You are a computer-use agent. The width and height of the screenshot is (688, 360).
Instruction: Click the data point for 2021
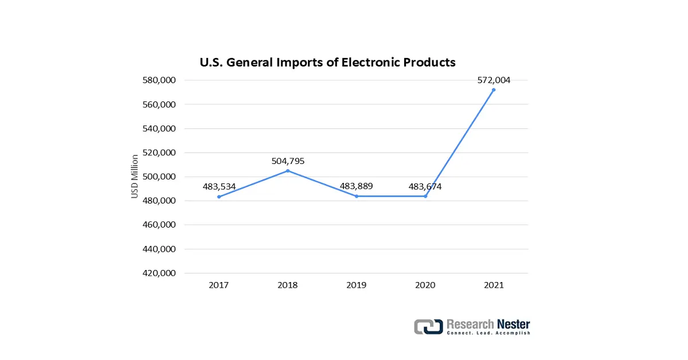tap(494, 90)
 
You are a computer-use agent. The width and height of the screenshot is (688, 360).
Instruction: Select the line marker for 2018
tap(288, 171)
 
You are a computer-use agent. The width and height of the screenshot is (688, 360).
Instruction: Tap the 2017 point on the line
tap(219, 197)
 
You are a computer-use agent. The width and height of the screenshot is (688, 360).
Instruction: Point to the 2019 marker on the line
tap(357, 196)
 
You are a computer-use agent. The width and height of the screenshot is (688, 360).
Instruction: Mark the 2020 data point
tap(425, 196)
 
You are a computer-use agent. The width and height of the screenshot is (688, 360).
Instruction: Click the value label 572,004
tap(494, 80)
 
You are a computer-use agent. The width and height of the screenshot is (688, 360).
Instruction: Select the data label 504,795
tap(288, 161)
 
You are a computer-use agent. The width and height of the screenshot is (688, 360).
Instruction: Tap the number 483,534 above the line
tap(219, 187)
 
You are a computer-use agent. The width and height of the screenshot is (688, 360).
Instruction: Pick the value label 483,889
tap(357, 186)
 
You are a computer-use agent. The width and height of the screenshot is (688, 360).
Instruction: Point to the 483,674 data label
tap(425, 186)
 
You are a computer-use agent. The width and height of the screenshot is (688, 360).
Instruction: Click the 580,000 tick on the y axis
tap(158, 80)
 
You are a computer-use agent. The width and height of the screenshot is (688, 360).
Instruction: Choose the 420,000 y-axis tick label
tap(158, 273)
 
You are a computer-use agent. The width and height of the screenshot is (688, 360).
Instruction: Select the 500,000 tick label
tap(158, 177)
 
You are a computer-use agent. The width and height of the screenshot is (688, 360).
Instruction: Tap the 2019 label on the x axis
tap(357, 285)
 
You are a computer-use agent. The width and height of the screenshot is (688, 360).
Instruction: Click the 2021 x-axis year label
tap(494, 285)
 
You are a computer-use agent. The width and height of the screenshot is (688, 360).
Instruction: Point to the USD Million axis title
tap(135, 177)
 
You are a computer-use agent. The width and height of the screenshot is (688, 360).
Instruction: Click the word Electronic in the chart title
tap(370, 62)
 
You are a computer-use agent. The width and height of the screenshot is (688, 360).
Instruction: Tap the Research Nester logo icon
tap(428, 327)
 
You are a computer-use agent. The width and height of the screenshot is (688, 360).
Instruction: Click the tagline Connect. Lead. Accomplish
tap(488, 333)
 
